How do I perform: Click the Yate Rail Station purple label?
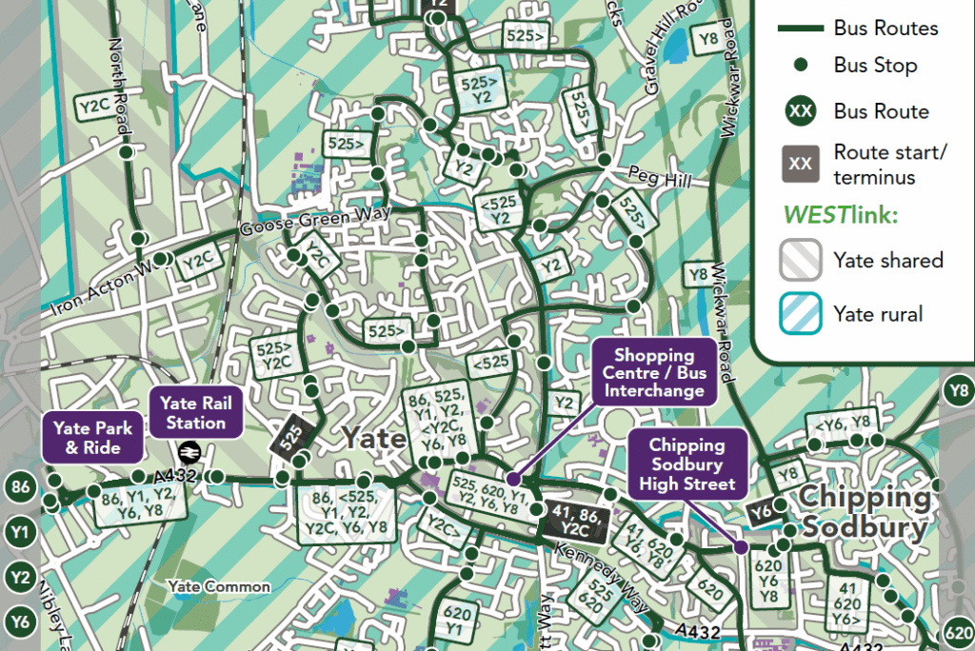(193, 412)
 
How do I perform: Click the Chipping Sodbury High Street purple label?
(686, 464)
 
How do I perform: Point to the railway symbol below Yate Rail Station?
(189, 451)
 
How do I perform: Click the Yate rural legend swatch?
(802, 314)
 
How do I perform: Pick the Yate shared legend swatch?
(802, 260)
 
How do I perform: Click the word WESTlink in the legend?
(838, 215)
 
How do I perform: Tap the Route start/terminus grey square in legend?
(802, 164)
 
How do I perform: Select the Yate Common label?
(219, 586)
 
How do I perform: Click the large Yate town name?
(373, 439)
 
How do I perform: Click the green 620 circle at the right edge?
(958, 631)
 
